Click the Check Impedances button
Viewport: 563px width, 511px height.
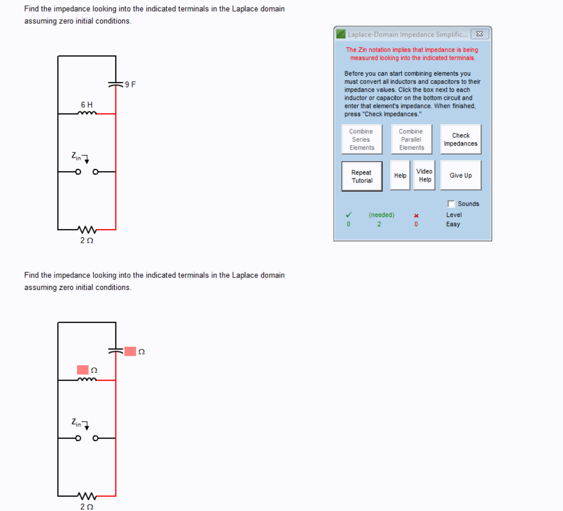[x=460, y=139]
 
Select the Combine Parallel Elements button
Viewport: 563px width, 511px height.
[x=411, y=139]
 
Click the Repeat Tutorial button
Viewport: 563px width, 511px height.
[x=362, y=176]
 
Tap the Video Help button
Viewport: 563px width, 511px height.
[x=424, y=175]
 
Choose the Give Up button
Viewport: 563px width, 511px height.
[x=460, y=175]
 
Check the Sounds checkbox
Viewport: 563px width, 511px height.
[x=451, y=204]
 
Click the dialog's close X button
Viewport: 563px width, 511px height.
[x=480, y=34]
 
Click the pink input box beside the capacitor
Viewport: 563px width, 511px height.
[x=130, y=351]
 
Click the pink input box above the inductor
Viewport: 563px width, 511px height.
[x=83, y=370]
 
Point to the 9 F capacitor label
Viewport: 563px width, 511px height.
[x=130, y=85]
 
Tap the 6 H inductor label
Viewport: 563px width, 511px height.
[x=86, y=105]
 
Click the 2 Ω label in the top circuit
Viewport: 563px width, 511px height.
[x=86, y=240]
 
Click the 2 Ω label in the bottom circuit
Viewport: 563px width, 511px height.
[x=86, y=507]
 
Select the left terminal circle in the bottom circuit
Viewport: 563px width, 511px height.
[x=78, y=438]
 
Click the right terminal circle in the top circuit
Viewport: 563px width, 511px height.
[x=95, y=172]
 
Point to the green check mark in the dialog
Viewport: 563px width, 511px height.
[x=349, y=215]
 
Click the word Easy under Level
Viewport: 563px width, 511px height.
[x=453, y=224]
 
